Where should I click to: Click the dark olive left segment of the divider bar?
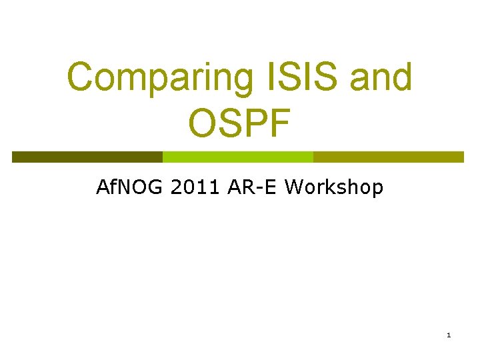[87, 157]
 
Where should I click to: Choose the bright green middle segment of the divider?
[238, 157]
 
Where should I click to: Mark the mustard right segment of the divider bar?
[388, 157]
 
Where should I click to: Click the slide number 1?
[449, 335]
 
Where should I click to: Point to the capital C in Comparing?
[82, 77]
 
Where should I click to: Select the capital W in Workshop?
[294, 187]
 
